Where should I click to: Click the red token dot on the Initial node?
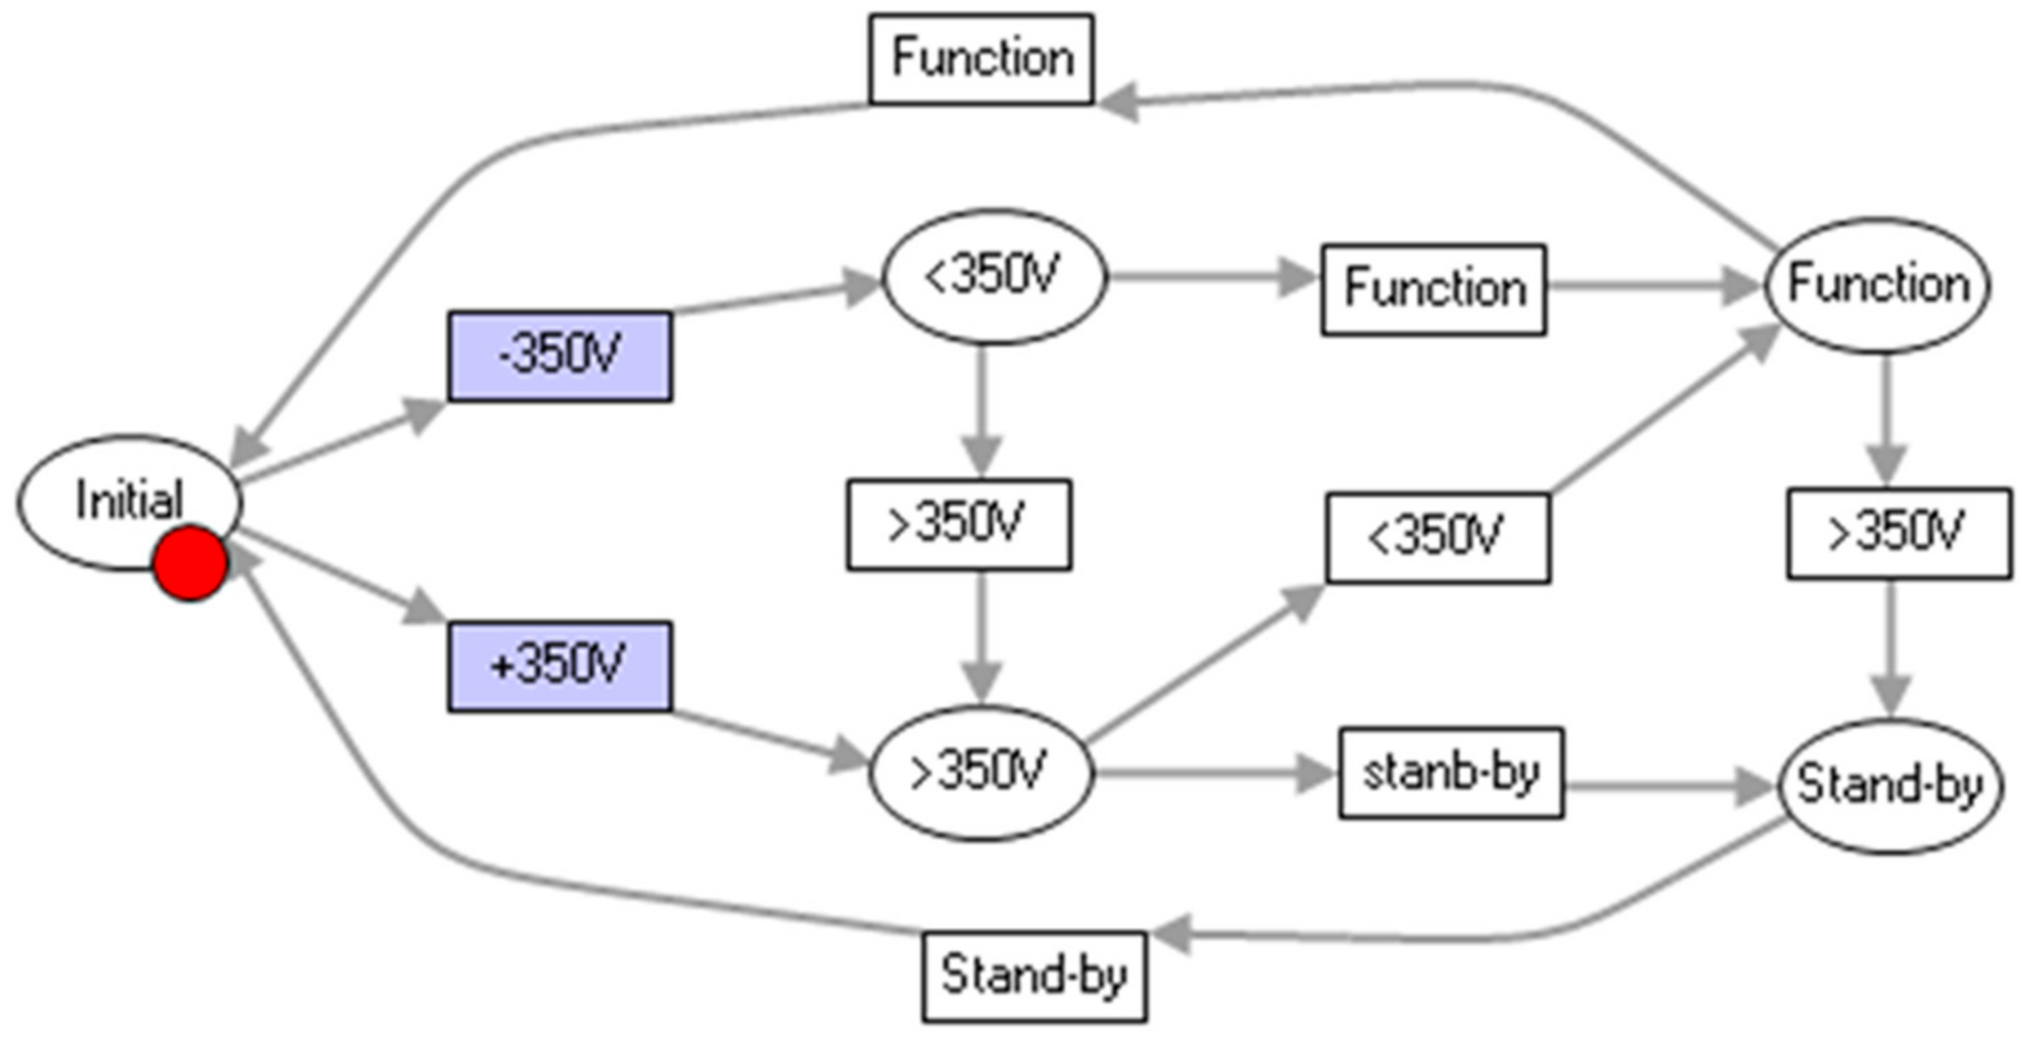coord(190,565)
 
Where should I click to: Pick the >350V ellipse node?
coord(981,772)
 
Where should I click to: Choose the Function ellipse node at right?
coord(1877,285)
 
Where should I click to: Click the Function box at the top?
coord(981,59)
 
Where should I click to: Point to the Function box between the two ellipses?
coord(1433,289)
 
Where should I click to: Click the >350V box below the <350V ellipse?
coord(959,524)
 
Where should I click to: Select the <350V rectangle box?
coord(1438,538)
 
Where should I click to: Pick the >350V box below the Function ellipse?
coord(1898,533)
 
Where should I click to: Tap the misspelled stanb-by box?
coord(1451,773)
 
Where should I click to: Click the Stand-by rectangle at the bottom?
coord(1034,976)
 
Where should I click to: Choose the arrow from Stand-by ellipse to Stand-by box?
coord(1500,939)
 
